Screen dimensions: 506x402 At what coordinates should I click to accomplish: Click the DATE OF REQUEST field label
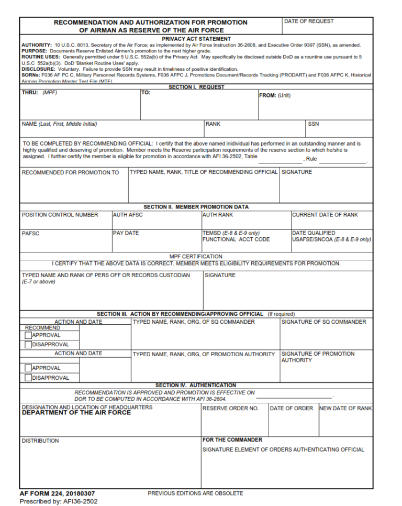coord(308,21)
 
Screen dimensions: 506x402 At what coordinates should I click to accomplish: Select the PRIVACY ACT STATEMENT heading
coord(196,39)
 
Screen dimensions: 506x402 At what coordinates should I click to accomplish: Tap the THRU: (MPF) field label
coord(39,92)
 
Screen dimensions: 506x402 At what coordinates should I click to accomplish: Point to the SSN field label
coord(314,124)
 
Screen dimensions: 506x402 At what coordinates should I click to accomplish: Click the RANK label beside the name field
coord(213,124)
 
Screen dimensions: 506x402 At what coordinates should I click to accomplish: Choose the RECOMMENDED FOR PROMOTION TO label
coord(71,172)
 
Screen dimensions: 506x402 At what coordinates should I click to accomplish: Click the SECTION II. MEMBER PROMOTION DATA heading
coord(196,207)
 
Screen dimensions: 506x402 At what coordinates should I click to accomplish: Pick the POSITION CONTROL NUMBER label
coord(60,215)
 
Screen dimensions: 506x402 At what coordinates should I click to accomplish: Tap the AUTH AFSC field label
coord(128,215)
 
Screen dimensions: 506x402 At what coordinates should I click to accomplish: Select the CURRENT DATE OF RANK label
coord(325,215)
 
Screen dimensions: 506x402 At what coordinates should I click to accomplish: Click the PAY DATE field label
coord(126,233)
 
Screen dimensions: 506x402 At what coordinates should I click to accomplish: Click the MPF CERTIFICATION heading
coord(196,257)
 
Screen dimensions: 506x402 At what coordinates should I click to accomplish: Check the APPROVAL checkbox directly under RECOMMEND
coord(28,335)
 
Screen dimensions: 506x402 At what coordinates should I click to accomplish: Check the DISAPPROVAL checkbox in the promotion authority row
coord(28,378)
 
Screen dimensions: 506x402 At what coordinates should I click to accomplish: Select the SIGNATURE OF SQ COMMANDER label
coord(324,322)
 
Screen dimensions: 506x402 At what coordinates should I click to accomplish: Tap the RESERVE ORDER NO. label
coord(230,409)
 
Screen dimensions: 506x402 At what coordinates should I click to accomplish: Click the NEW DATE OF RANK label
coord(345,409)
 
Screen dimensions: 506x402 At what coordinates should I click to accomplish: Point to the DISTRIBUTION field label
coord(40,441)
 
